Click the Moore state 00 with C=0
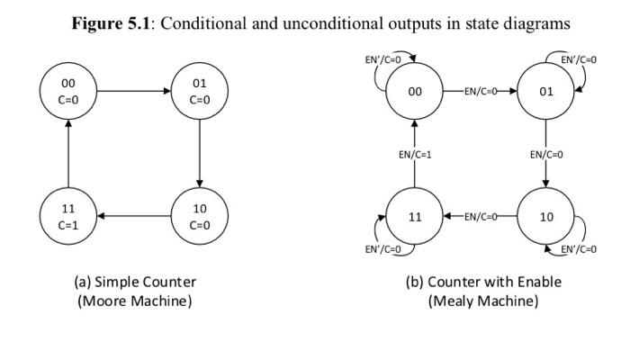[68, 92]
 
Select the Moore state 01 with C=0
[199, 92]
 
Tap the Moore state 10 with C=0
[199, 217]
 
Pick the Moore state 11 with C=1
[68, 217]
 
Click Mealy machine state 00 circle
[415, 92]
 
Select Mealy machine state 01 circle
[545, 92]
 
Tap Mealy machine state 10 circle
[545, 217]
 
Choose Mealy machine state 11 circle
[415, 217]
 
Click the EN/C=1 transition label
[415, 155]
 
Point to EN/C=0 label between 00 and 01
[481, 92]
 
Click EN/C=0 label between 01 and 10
[545, 155]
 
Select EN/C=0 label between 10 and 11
[481, 217]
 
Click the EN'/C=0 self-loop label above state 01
[578, 59]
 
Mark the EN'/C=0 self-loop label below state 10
[578, 249]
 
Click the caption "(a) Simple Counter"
[134, 282]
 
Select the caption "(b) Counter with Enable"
[483, 282]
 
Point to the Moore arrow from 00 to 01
[133, 92]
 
